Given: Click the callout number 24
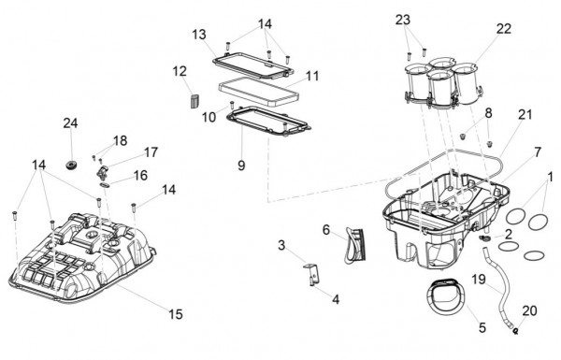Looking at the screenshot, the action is point(70,123).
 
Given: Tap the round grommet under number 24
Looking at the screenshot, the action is point(72,166).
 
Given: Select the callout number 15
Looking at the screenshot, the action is point(176,314).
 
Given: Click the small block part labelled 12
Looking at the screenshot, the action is point(194,100).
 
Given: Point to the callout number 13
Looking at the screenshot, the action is point(199,35).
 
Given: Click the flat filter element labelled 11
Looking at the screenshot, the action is point(259,92).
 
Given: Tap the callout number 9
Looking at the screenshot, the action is point(241,166).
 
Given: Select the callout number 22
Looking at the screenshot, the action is point(504,29).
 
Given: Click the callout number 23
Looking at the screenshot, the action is point(402,20).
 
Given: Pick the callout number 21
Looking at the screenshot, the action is point(525,114).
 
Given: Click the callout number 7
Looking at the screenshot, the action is point(538,152).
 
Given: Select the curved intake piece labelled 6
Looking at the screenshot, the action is point(355,246).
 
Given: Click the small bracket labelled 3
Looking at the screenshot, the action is point(311,275).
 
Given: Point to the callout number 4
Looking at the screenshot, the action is point(336,299).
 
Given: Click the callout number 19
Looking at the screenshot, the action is point(479,279).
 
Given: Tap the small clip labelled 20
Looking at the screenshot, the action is point(515,331).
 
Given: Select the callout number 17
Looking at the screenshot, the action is point(151,152).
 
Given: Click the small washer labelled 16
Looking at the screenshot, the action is point(106,184).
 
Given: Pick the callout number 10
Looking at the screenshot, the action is point(209,117).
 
